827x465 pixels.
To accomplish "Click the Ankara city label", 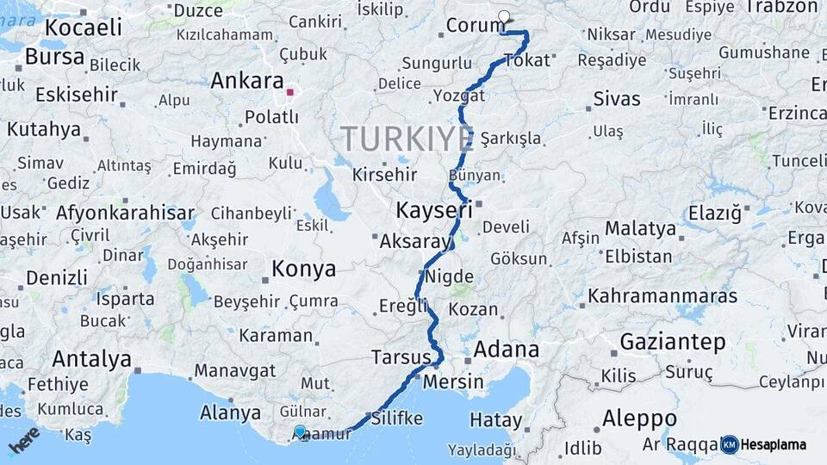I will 247,81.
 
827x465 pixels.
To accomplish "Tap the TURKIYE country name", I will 407,139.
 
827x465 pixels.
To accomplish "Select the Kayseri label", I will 434,209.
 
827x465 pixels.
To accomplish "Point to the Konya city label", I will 304,270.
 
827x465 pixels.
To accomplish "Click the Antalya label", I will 91,358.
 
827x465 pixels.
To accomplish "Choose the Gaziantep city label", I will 673,342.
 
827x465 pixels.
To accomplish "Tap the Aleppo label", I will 639,419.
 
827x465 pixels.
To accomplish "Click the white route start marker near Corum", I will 504,16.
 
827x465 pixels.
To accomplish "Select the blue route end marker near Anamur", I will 300,431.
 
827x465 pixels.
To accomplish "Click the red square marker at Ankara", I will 291,91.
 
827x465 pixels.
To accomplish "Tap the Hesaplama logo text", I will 775,444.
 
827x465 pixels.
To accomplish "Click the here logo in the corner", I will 23,439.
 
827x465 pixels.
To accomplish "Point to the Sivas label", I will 617,99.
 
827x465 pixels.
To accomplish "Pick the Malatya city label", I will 640,229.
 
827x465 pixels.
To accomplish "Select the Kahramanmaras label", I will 662,296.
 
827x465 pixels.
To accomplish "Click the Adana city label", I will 507,350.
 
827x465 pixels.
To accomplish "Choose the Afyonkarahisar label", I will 125,213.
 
